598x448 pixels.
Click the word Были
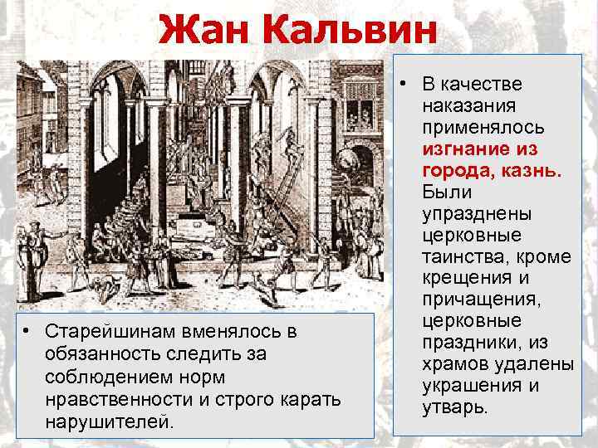click(447, 192)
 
